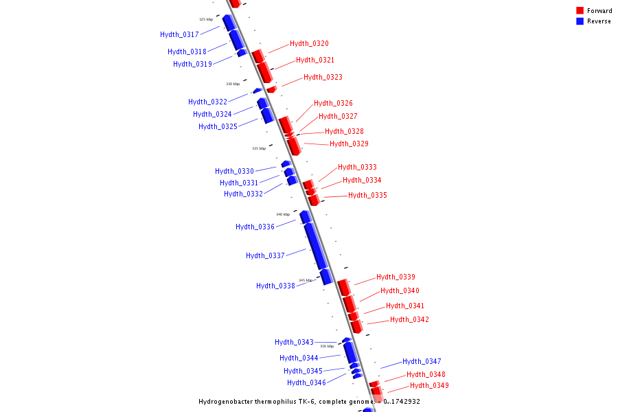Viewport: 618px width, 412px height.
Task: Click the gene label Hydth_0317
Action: coord(179,34)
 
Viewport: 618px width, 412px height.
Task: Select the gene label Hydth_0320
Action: coord(309,43)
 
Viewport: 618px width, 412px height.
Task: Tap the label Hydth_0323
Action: coord(323,77)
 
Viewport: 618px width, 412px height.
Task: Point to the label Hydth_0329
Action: coord(349,144)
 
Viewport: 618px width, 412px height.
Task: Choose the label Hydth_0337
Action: coord(265,255)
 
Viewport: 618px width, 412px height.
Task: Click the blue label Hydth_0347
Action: coord(422,361)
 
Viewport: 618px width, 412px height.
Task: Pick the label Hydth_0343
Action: coord(294,342)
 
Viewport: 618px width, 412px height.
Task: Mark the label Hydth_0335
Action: coord(367,195)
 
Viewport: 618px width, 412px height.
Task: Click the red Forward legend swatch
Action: coord(580,10)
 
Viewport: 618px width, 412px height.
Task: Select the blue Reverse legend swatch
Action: coord(580,21)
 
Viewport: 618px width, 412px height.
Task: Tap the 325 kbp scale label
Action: coord(206,19)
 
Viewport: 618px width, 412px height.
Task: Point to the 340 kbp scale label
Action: coord(283,214)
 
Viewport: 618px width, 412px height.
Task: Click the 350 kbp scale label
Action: coord(327,346)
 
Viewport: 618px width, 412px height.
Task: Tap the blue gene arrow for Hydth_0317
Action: coord(229,22)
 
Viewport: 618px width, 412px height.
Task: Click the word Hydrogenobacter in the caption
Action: coord(229,402)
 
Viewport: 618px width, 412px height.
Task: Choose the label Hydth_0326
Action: coord(333,103)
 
